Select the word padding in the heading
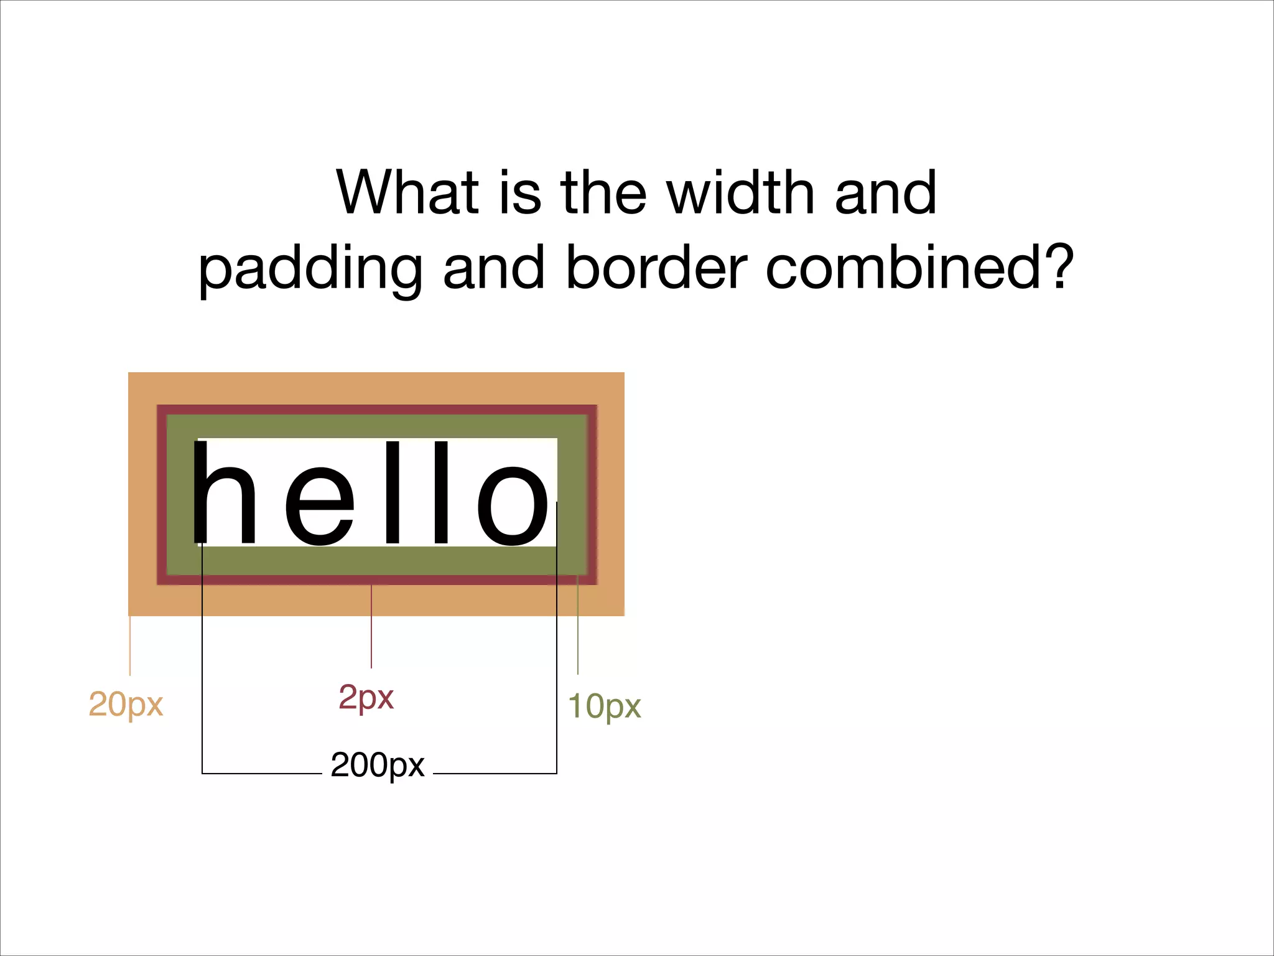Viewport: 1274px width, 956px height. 310,269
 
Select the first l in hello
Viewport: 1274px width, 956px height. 393,493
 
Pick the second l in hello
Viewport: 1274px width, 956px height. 441,493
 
